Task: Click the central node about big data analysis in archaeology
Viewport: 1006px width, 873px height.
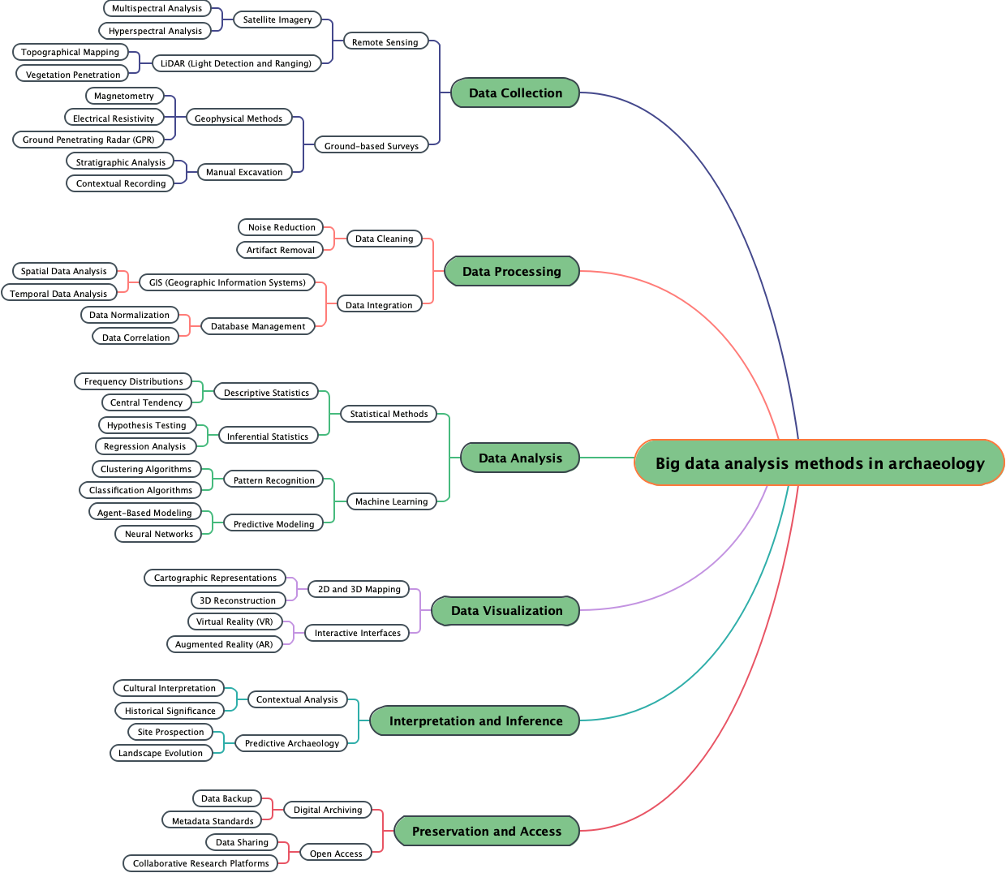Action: click(819, 462)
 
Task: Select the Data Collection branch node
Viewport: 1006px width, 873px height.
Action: click(515, 92)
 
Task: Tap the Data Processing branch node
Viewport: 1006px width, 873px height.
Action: click(511, 271)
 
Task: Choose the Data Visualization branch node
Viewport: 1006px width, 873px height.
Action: click(506, 610)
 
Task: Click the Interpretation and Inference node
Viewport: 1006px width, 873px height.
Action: click(475, 720)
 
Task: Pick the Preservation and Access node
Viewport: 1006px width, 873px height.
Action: click(486, 831)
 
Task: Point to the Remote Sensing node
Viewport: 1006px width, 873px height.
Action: click(385, 42)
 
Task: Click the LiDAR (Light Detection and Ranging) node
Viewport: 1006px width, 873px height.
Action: click(236, 63)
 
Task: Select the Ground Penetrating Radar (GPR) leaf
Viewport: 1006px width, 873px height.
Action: click(88, 140)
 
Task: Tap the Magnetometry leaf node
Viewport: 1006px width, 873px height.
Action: click(123, 96)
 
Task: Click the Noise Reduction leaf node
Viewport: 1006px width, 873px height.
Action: click(282, 227)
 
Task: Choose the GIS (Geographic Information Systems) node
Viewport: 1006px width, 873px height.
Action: click(227, 282)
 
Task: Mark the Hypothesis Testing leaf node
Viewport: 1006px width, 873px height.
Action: click(147, 425)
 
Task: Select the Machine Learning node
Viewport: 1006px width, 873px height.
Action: click(391, 501)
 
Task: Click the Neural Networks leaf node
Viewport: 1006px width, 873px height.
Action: click(159, 534)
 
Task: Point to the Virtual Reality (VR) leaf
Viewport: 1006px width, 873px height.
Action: click(234, 621)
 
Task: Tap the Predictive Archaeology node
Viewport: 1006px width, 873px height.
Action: click(292, 743)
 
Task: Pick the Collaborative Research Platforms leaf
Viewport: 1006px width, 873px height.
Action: click(200, 863)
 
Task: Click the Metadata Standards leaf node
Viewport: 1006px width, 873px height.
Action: click(213, 821)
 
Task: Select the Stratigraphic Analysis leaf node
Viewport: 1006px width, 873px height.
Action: click(120, 162)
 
